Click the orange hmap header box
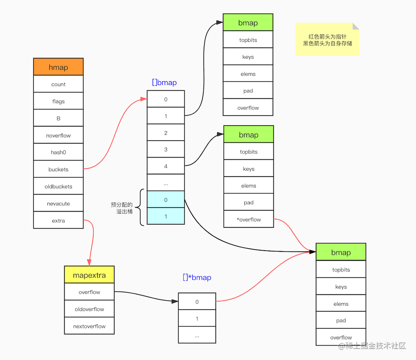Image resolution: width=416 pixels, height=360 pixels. tap(58, 67)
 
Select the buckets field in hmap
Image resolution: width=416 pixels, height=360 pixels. tap(58, 169)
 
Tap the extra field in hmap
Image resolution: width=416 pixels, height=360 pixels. tap(58, 221)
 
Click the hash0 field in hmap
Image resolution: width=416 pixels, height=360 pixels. tap(58, 153)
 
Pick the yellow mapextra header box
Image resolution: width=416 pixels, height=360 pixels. tap(89, 275)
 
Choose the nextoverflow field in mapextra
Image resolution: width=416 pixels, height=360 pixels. tap(89, 326)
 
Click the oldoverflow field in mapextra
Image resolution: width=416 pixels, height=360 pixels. tap(89, 309)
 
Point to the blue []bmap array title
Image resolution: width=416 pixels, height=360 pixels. tap(164, 82)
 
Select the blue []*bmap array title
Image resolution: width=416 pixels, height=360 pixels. tap(197, 278)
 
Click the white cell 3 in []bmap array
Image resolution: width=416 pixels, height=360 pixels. tap(166, 150)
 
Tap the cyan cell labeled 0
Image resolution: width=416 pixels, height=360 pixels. tap(166, 200)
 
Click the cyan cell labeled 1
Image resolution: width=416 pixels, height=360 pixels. tap(166, 216)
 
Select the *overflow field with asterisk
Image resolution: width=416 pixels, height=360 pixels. tap(249, 219)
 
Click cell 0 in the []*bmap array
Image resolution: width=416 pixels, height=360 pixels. tap(197, 302)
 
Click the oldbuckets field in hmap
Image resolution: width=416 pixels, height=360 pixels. tap(58, 186)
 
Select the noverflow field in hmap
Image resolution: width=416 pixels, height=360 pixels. tap(58, 136)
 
